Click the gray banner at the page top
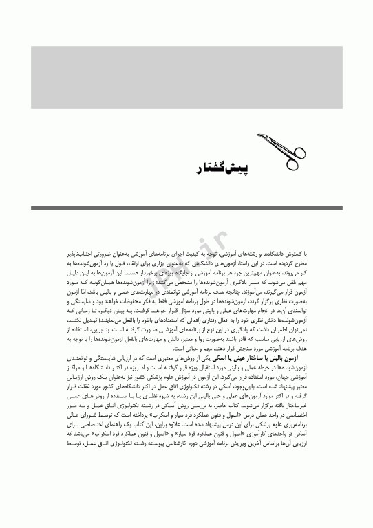[x=186, y=77]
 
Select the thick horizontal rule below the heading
[x=186, y=208]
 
